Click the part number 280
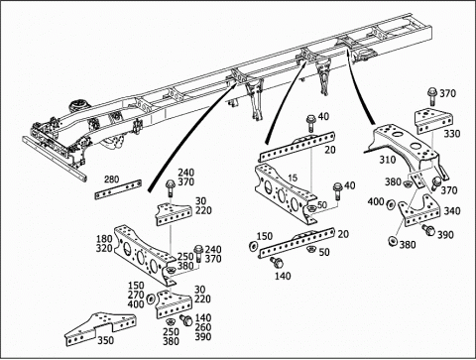coord(111,180)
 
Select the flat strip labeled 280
coord(118,189)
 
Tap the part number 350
coord(106,340)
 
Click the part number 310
coord(388,160)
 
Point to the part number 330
coord(452,134)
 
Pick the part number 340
coord(452,211)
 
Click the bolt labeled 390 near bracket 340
coord(428,229)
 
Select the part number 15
coord(293,179)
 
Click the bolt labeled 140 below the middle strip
coord(277,263)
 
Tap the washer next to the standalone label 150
coord(254,247)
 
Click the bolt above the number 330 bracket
coord(432,95)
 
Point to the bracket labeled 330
coord(434,121)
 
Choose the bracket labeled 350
coord(101,328)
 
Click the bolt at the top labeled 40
coord(310,122)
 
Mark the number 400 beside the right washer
coord(376,201)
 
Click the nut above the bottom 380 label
coord(392,241)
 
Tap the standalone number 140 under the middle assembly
coord(283,276)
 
